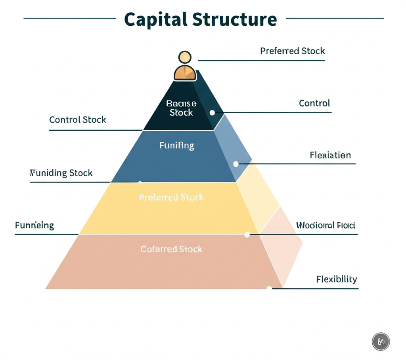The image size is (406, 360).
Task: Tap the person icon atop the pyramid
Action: [x=185, y=66]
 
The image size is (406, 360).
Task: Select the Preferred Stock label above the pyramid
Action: [x=292, y=51]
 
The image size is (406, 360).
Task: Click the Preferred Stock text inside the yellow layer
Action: [x=171, y=197]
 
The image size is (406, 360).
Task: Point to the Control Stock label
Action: [x=78, y=120]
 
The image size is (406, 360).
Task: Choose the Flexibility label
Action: [x=337, y=279]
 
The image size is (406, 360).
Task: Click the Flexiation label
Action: [x=330, y=155]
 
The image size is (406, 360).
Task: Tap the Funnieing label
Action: [x=34, y=226]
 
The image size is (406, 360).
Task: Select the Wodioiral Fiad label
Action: [x=326, y=226]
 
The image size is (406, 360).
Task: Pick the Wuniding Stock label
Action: [x=61, y=173]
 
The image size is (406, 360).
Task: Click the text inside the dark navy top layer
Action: [x=181, y=108]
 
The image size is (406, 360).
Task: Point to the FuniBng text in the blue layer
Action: [x=177, y=145]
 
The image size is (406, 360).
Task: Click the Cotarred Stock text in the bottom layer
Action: [x=171, y=249]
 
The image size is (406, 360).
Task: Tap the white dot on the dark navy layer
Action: [x=212, y=113]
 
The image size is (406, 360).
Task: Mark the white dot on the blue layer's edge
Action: [x=236, y=164]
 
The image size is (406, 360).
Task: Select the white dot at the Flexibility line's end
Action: [x=270, y=288]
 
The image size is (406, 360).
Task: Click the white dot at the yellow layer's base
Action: [x=247, y=235]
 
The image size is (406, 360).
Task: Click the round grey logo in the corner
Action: [x=381, y=341]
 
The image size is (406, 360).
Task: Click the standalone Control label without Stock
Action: [x=314, y=103]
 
